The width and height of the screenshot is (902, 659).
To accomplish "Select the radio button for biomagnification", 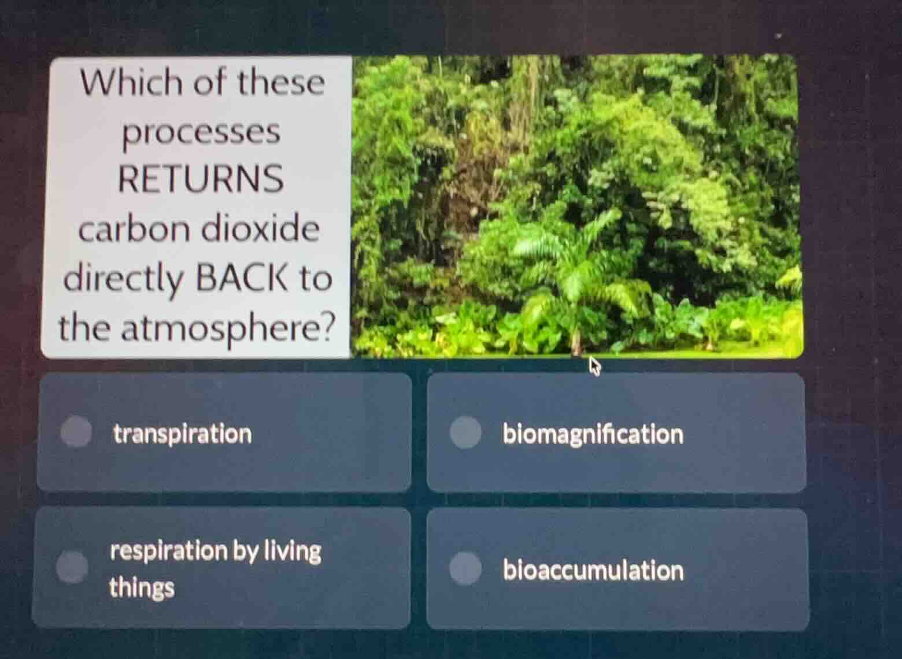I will click(466, 433).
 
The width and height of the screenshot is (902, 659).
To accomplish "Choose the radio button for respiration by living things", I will click(72, 567).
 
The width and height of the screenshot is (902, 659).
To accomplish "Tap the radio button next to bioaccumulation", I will click(466, 568).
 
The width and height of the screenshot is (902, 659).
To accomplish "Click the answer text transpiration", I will click(183, 434).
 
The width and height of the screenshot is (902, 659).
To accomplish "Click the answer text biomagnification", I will click(593, 434).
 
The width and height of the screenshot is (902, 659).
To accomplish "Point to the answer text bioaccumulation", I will click(593, 571).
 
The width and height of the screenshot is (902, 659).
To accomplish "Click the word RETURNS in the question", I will click(201, 179).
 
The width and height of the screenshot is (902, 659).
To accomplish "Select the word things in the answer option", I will click(142, 588).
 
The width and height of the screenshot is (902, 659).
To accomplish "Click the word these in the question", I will click(282, 82).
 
